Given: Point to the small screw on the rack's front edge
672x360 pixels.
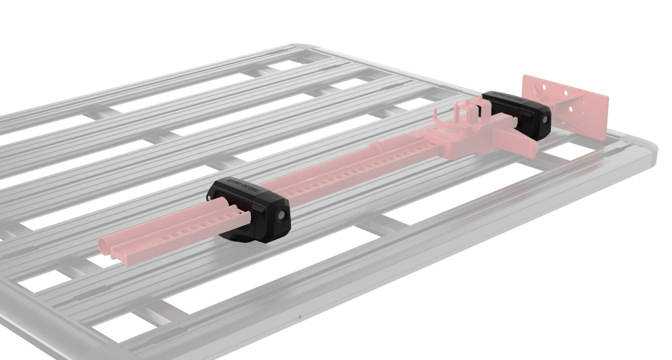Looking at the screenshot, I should pyautogui.click(x=300, y=318).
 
